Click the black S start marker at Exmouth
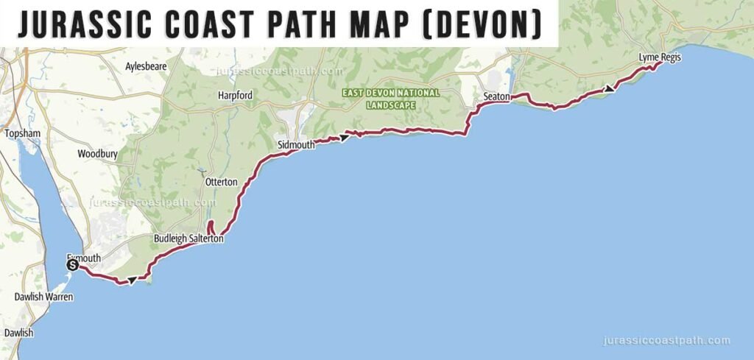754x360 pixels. pyautogui.click(x=72, y=265)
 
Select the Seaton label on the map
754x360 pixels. pyautogui.click(x=497, y=96)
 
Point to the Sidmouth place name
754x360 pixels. pyautogui.click(x=296, y=145)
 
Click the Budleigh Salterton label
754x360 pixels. pyautogui.click(x=188, y=239)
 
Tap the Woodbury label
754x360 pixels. pyautogui.click(x=96, y=154)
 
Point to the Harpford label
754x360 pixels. pyautogui.click(x=235, y=96)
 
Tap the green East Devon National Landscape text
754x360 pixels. pyautogui.click(x=391, y=99)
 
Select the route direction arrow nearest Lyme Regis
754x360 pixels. pyautogui.click(x=609, y=88)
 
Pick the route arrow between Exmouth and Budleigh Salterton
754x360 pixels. pyautogui.click(x=131, y=280)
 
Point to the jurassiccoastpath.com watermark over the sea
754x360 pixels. pyautogui.click(x=666, y=341)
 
